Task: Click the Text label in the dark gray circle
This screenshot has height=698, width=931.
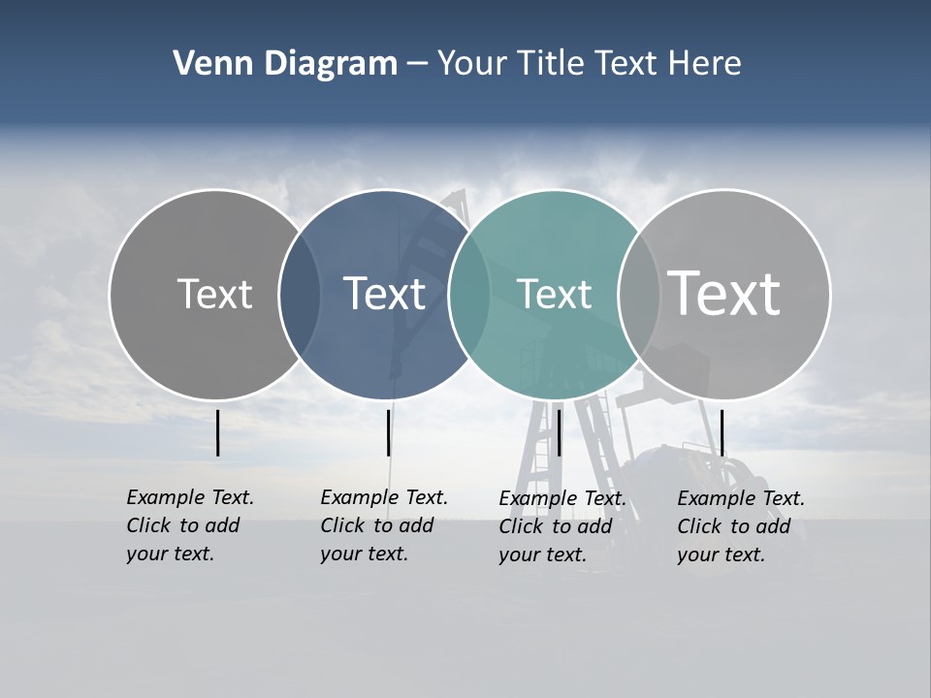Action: coord(214,294)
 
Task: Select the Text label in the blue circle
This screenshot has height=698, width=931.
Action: coord(384,294)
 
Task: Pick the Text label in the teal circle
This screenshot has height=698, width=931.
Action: coord(554,294)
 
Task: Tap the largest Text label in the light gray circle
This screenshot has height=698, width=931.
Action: coord(723,293)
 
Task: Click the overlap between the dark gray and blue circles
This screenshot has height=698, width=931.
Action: coord(300,295)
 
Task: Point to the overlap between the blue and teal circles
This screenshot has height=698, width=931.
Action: coord(469,295)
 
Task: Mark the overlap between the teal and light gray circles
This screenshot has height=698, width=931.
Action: coord(639,295)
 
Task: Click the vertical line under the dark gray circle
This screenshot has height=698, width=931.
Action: coord(218,432)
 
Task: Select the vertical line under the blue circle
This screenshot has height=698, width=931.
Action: coord(388,432)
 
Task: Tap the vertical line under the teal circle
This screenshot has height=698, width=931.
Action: coord(559,432)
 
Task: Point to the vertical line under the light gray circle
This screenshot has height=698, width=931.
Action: coord(722,432)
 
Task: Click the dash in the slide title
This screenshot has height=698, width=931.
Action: coord(417,65)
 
